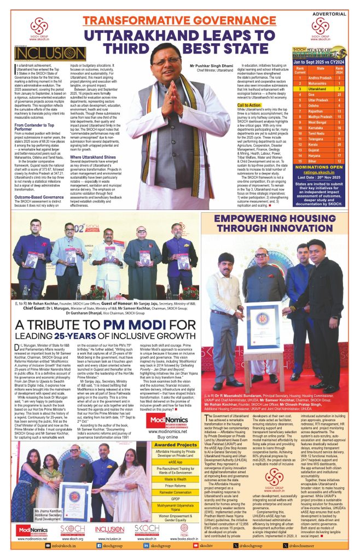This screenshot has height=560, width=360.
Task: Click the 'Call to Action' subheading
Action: point(249,104)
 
